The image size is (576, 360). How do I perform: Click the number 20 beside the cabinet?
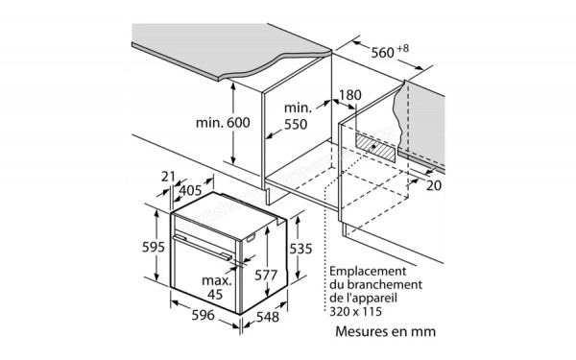[x=434, y=184]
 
